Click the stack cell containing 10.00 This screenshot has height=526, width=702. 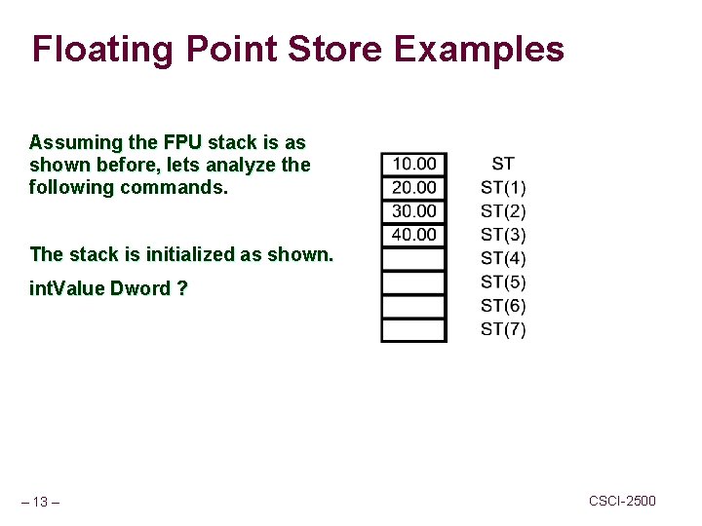click(x=413, y=164)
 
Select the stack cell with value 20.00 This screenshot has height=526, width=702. click(x=413, y=187)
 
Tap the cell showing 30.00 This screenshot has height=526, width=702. click(x=413, y=210)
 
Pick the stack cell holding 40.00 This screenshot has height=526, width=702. click(x=413, y=235)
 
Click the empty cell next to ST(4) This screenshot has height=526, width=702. click(x=413, y=259)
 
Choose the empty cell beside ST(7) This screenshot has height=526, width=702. click(x=413, y=330)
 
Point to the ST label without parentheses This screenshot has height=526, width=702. click(x=503, y=164)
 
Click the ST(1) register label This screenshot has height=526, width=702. click(x=503, y=187)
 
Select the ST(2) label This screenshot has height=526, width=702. click(x=503, y=211)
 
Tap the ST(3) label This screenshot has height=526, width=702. click(x=503, y=235)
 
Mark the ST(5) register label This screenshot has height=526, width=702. click(x=503, y=282)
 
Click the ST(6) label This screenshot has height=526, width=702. click(x=503, y=306)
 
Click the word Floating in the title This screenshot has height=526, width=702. click(x=101, y=49)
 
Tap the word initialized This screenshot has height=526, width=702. click(x=190, y=254)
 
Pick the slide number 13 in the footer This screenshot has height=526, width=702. click(x=40, y=502)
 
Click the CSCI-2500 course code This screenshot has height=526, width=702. click(x=622, y=501)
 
